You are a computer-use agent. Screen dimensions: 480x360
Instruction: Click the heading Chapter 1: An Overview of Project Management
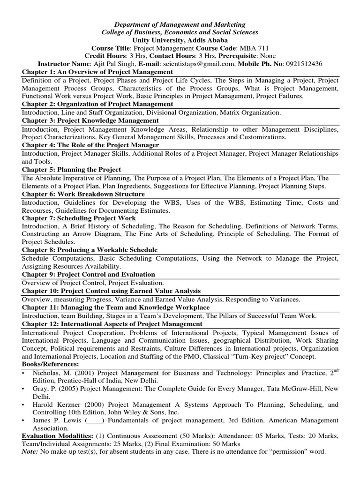(97, 72)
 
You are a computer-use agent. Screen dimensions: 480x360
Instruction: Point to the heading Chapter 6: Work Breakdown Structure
(83, 194)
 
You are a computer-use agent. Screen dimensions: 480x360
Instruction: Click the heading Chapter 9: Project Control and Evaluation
(89, 274)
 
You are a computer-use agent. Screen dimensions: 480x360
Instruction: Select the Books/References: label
(51, 364)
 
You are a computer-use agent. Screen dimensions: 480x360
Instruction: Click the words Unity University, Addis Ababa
(180, 40)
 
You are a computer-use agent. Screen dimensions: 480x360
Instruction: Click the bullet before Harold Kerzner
(23, 405)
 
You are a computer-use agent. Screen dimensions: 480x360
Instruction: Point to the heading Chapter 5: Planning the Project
(71, 169)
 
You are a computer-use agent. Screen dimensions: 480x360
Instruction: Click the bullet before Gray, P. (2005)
(23, 389)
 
